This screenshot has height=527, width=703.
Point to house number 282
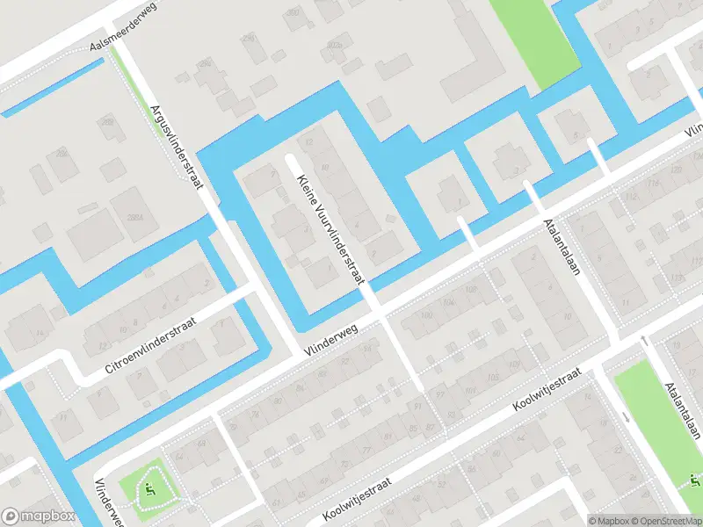(x=62, y=152)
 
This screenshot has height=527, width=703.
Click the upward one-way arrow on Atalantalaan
(x=644, y=340)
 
